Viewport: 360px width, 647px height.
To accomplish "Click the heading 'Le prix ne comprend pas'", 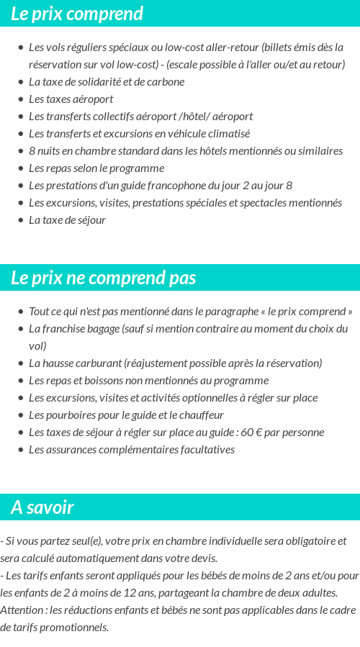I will coord(103,278).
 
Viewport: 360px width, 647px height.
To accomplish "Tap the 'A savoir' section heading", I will coord(42,507).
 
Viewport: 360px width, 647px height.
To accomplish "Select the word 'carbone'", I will coord(166,82).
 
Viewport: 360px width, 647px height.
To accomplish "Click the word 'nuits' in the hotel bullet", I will coord(51,151).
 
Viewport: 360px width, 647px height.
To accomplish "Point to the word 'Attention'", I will coord(22,610).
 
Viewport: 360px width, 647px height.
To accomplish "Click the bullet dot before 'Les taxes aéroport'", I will coord(20,99).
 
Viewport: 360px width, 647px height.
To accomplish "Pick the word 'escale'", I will coord(186,65).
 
